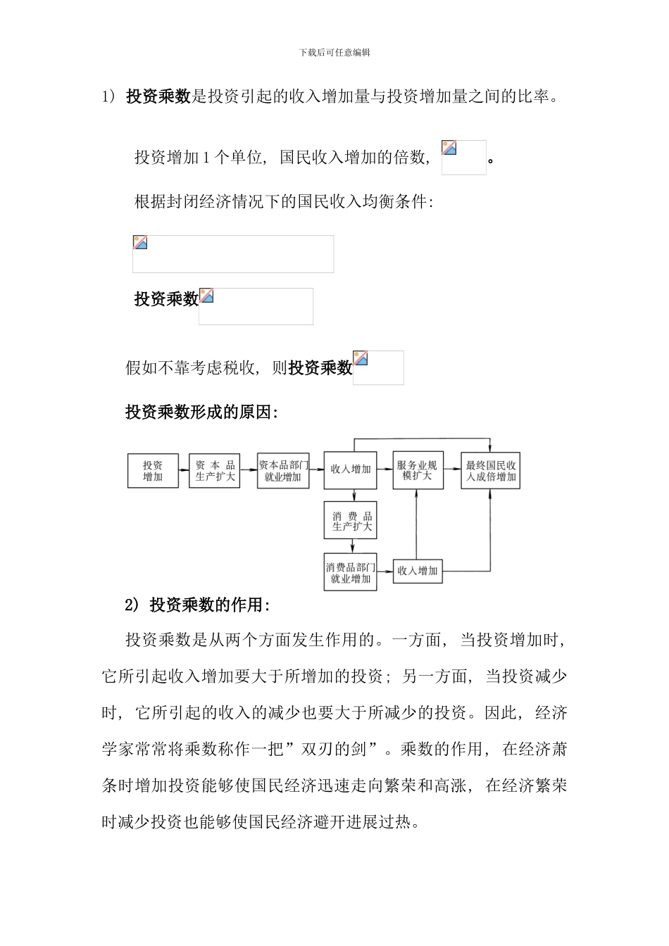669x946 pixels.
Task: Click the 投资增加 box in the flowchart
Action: click(x=153, y=471)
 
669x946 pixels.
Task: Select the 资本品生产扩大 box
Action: click(x=215, y=471)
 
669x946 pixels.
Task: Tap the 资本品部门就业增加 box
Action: click(x=283, y=471)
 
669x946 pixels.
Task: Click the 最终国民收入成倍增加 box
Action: click(x=491, y=470)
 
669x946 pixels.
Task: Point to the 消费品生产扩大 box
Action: click(x=351, y=521)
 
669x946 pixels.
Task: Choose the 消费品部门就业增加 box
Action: click(x=351, y=572)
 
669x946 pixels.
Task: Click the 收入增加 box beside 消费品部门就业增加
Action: click(x=417, y=570)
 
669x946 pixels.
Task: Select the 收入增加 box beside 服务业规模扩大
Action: click(x=350, y=469)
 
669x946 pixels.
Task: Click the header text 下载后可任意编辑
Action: click(x=334, y=53)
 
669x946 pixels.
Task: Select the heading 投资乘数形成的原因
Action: click(x=201, y=412)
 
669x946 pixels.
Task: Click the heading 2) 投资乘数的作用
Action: click(x=198, y=605)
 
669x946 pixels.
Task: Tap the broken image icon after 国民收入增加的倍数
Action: click(x=449, y=148)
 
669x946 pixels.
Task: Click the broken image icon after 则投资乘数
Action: click(x=361, y=358)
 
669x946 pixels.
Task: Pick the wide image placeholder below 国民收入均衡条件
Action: click(x=233, y=254)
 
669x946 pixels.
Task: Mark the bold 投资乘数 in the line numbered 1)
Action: click(x=158, y=97)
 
